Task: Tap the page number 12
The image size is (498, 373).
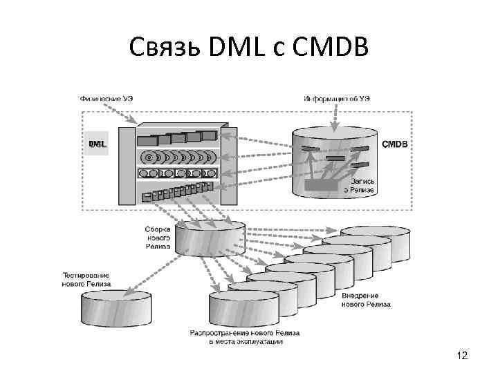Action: coord(462,356)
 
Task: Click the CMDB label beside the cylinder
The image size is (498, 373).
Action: coord(395,144)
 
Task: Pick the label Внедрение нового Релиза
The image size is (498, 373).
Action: coord(366,300)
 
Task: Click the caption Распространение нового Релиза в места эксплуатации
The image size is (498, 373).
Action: coord(246,336)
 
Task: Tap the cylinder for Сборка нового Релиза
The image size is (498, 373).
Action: coord(210,239)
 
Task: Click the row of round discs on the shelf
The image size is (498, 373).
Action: coord(178,155)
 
